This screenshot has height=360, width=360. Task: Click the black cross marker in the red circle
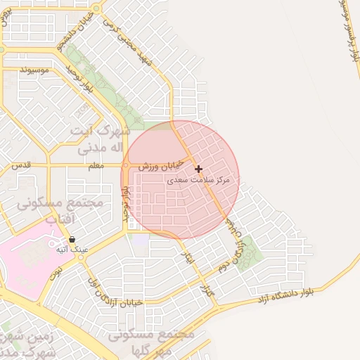pyautogui.click(x=199, y=169)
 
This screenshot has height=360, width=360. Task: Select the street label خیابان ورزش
pyautogui.click(x=160, y=166)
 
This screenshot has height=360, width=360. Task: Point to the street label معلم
pyautogui.click(x=96, y=166)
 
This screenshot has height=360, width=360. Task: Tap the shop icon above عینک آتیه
pyautogui.click(x=72, y=240)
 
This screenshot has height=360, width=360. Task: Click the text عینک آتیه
pyautogui.click(x=72, y=250)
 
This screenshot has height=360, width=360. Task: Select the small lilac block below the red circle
pyautogui.click(x=141, y=240)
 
